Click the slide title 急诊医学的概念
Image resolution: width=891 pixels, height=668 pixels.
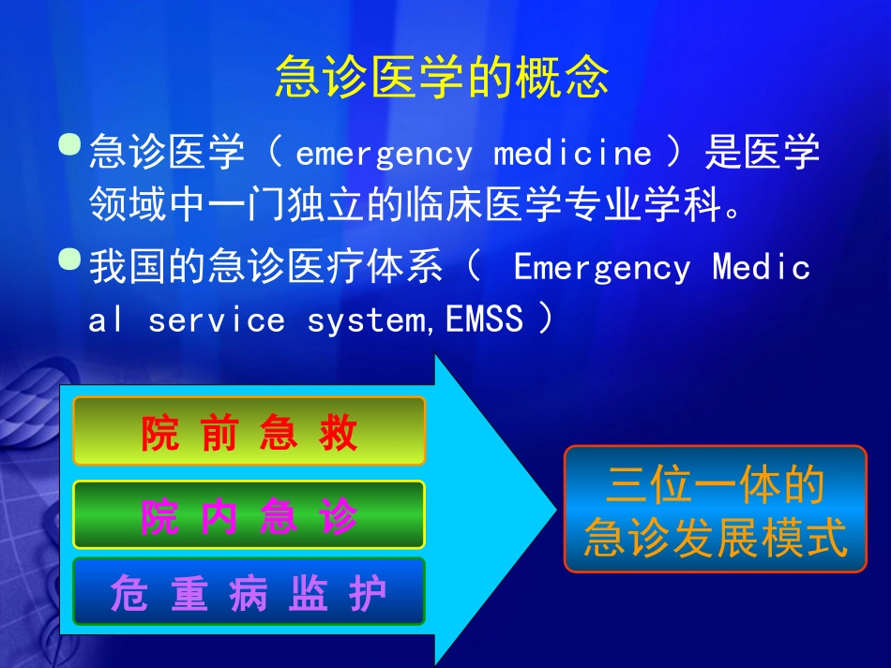(442, 79)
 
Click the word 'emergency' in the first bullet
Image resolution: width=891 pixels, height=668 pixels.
(384, 153)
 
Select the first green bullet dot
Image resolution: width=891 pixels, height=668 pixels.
(69, 145)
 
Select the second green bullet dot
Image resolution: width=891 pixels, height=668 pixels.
(69, 260)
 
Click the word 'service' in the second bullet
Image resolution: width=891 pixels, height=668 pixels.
(216, 320)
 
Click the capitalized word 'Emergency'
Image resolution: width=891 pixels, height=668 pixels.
(602, 268)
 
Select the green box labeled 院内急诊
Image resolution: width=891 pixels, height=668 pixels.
(249, 514)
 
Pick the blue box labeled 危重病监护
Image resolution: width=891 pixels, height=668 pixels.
(249, 592)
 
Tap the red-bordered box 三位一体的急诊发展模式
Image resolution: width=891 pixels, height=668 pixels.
(715, 509)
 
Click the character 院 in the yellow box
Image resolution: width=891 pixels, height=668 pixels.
(160, 434)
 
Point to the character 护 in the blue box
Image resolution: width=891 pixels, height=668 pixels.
(368, 594)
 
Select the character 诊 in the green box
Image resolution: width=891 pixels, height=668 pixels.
(339, 516)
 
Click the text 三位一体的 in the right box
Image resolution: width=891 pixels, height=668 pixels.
(715, 486)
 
